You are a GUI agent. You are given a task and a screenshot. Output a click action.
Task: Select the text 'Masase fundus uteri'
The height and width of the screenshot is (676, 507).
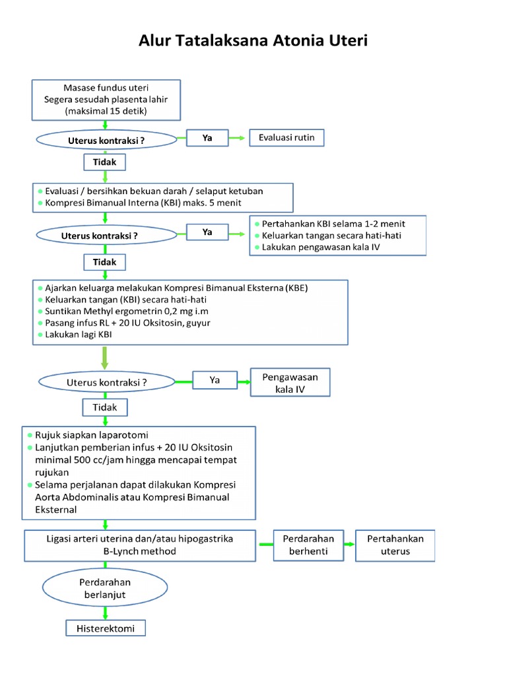pos(106,88)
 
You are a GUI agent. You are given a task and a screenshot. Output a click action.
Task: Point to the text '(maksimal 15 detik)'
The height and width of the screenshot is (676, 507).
pos(106,111)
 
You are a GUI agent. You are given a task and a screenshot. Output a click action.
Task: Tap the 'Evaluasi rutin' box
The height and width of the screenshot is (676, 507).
pos(287,138)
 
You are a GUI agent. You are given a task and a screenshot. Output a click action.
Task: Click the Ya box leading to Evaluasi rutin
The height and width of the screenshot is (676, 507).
pos(207,138)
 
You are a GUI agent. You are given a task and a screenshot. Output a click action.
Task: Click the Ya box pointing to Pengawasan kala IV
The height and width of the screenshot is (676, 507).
pos(215,380)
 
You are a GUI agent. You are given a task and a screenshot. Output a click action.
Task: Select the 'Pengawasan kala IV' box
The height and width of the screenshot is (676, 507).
pos(290,383)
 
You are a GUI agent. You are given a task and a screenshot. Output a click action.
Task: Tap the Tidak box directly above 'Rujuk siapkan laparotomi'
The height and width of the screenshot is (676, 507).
pos(104,407)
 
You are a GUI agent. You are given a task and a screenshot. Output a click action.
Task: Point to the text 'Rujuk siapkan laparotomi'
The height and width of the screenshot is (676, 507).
pos(96,435)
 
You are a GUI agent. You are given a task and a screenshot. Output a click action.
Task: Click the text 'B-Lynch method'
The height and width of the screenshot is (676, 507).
pos(139,551)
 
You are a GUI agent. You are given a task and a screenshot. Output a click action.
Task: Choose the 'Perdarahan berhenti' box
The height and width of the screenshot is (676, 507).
pos(304,545)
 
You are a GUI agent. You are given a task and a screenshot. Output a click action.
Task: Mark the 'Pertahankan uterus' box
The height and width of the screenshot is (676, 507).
pos(395,545)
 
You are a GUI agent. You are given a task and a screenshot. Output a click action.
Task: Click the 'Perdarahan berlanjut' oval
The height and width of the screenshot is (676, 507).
pos(105,589)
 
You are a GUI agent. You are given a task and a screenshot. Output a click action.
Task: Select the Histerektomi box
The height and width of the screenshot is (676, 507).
pos(106,628)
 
